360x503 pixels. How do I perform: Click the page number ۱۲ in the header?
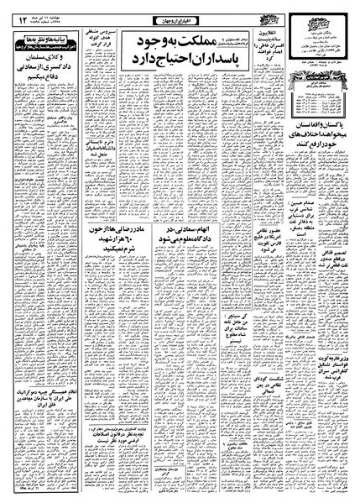coord(18,18)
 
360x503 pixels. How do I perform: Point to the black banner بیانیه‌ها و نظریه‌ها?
coord(40,39)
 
